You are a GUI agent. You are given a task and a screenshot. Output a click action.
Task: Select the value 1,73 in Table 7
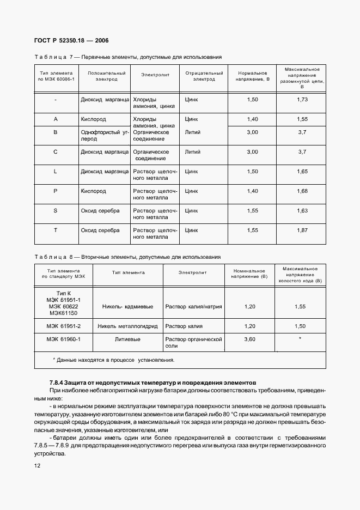(302, 100)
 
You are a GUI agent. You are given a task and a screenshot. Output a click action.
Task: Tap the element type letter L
(56, 172)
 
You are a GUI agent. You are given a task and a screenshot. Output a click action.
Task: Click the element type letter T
(56, 230)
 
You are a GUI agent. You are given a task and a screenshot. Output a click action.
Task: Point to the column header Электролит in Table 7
(155, 76)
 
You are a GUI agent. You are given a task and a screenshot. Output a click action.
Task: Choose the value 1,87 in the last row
(302, 230)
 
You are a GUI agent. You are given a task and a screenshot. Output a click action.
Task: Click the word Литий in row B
(192, 132)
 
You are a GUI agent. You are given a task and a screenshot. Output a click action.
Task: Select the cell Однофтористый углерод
(104, 136)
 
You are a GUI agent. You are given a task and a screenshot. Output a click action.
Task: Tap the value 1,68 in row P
(302, 191)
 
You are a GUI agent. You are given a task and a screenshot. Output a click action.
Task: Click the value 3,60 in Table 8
(250, 339)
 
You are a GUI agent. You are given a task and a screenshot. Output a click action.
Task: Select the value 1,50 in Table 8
(300, 326)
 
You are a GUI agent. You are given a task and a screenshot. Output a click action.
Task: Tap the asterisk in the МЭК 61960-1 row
(300, 339)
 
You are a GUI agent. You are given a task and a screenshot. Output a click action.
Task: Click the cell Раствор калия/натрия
(193, 307)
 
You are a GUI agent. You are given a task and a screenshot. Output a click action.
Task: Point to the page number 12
(38, 466)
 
